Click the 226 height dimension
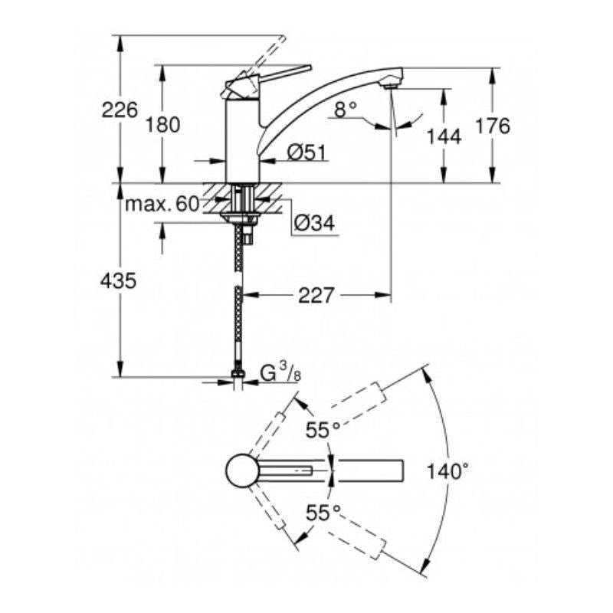pos(120,110)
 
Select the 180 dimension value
pos(162,124)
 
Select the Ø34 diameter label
pos(313,224)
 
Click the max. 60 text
pos(162,204)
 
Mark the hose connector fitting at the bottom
pos(238,375)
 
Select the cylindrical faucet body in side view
pos(241,142)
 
